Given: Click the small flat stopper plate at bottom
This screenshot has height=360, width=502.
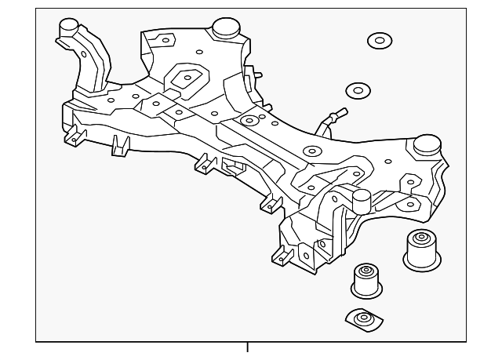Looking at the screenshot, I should click(x=363, y=319).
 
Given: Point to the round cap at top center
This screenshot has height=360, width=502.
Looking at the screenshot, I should click(x=227, y=27).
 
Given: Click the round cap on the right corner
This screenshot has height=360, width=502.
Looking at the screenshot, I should click(x=427, y=146).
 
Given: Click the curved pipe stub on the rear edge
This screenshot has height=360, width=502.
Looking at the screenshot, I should click(x=329, y=120).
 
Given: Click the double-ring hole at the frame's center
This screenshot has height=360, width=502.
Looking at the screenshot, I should click(x=249, y=121).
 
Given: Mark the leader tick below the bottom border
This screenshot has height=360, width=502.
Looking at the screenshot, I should click(x=247, y=347).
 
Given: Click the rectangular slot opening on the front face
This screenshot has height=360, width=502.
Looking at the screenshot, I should click(x=233, y=166).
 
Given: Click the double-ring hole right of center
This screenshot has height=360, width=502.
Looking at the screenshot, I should click(x=312, y=151).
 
